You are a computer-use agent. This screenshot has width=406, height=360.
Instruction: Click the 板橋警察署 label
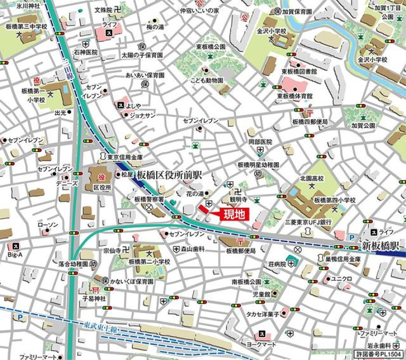coord(149,199)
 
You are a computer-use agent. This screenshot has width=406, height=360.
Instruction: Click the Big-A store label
coord(15,255)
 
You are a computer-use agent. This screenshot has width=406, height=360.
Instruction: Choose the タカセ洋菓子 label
coord(263,314)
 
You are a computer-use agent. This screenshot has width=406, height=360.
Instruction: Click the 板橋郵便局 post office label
coord(241,251)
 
